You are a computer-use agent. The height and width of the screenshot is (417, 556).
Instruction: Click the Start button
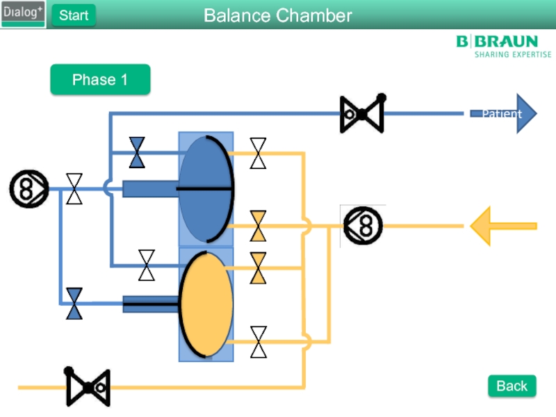pos(74,15)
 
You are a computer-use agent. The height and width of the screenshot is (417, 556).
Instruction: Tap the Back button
pos(512,386)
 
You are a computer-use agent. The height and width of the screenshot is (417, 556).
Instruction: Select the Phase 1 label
pos(100,80)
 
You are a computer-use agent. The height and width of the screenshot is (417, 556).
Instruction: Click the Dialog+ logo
pos(23,14)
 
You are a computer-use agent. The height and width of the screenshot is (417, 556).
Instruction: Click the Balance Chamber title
pos(278,15)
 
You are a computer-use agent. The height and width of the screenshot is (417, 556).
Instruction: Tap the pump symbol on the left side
pos(29,189)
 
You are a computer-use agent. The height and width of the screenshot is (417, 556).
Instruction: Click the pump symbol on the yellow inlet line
pos(363,226)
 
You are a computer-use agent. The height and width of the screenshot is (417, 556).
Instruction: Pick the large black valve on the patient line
pos(362,114)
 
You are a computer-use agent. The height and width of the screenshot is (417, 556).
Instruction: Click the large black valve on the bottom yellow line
pos(88,387)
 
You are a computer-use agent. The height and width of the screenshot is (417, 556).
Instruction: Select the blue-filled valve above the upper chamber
pos(137,152)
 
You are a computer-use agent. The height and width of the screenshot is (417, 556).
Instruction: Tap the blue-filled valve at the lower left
pos(74,303)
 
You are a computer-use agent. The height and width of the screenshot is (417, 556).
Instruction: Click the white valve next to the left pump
pos(74,189)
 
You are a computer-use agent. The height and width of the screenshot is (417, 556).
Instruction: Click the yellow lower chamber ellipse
pos(206,304)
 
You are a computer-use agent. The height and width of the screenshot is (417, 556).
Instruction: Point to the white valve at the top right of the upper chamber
pos(258,153)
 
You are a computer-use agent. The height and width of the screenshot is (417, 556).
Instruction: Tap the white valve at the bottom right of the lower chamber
pos(258,342)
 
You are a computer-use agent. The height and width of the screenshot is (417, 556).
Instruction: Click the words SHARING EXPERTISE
pos(512,54)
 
